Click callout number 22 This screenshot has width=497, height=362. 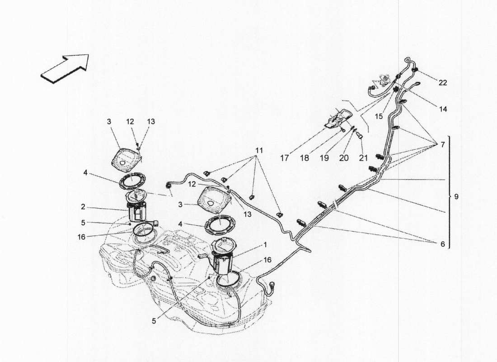tap(443, 82)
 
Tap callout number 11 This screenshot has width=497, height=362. tap(258, 150)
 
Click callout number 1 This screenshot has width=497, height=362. tap(265, 244)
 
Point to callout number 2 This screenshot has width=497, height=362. tap(83, 207)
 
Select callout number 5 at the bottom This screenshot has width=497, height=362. tap(154, 321)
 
